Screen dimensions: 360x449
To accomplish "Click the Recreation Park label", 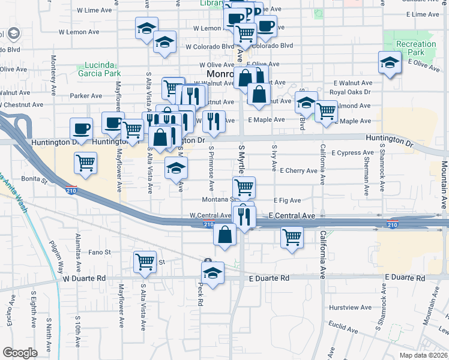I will (416, 48).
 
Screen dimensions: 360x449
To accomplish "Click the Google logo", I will (20, 353).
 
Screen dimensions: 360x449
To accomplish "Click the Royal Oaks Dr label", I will (351, 92).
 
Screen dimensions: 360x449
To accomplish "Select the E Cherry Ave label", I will (298, 171).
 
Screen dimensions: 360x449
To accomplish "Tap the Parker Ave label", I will (86, 95).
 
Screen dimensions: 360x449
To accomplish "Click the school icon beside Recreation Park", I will (389, 62).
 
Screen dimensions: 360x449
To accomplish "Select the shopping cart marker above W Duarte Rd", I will (145, 261).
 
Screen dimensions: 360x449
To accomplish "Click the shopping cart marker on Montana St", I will (244, 187).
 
